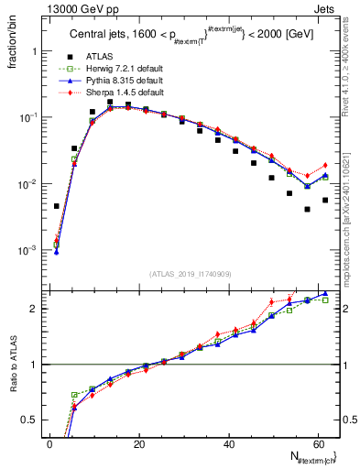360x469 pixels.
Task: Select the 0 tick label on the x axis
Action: click(x=49, y=444)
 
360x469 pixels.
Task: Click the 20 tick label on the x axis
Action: click(x=138, y=444)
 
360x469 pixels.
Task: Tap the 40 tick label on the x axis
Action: click(x=227, y=444)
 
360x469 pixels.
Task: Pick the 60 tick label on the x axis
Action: click(x=316, y=444)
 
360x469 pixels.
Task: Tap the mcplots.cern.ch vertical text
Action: click(x=352, y=183)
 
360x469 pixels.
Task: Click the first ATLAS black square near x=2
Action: click(x=57, y=206)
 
